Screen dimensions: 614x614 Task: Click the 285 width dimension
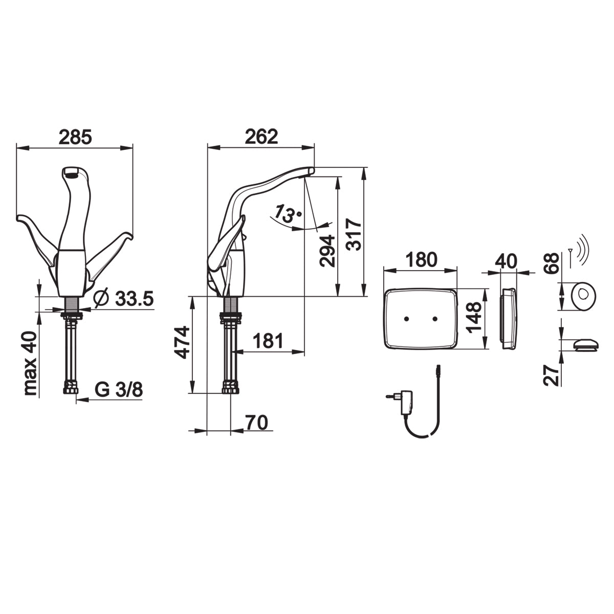point(76,137)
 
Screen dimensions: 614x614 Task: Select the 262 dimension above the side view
point(261,137)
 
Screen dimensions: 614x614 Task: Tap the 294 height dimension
point(328,251)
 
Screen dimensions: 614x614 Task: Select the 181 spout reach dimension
point(268,341)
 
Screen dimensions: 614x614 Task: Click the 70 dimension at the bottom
point(257,423)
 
